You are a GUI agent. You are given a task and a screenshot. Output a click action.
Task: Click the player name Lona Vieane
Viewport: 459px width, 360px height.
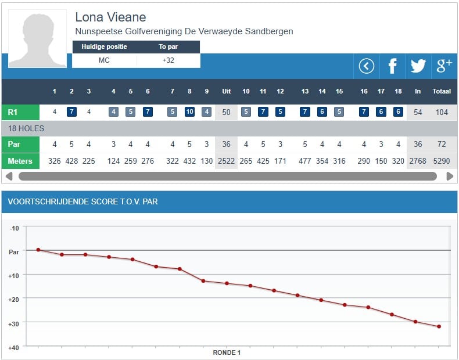(x=110, y=17)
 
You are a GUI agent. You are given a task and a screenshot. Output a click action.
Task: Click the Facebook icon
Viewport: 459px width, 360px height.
(x=392, y=66)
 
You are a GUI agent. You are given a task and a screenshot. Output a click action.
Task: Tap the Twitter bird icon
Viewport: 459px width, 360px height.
(x=418, y=66)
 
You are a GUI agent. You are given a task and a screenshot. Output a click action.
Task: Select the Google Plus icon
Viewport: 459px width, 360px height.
(x=444, y=66)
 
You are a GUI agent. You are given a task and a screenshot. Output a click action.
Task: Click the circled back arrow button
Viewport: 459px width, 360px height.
(x=366, y=66)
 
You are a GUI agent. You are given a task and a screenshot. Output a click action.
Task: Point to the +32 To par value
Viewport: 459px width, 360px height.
(x=168, y=60)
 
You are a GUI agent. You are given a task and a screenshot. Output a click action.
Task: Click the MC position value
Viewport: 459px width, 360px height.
(x=104, y=60)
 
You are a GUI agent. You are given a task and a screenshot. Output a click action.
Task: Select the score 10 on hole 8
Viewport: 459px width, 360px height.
(x=189, y=112)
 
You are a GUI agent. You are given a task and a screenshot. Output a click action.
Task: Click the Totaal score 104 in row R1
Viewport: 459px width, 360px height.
(x=442, y=112)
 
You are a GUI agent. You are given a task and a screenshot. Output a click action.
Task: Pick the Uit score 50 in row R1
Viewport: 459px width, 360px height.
(x=226, y=112)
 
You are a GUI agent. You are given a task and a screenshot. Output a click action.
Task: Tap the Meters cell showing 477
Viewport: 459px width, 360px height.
(x=305, y=161)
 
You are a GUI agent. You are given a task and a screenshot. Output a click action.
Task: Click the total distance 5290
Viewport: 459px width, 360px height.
(x=442, y=161)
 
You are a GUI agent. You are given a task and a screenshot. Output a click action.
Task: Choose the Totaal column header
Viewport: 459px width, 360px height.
(x=442, y=92)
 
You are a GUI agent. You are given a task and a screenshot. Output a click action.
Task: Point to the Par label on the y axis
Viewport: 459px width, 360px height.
(x=13, y=252)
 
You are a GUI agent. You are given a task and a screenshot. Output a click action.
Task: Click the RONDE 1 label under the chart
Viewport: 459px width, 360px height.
(x=227, y=352)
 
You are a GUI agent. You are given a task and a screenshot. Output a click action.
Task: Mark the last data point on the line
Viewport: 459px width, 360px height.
(x=439, y=326)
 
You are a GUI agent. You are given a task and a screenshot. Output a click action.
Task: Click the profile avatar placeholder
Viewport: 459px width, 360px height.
(x=38, y=38)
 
